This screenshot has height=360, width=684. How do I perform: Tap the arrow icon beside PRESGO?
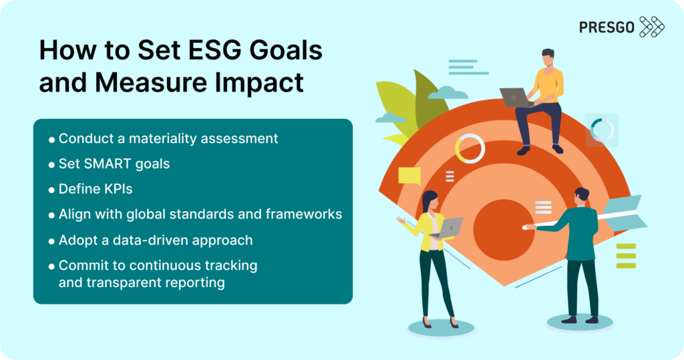pos(652,27)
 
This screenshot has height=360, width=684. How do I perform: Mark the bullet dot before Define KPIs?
pos(52,190)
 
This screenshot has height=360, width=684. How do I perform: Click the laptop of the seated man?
pos(514,98)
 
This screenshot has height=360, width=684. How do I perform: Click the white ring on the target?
pos(470,148)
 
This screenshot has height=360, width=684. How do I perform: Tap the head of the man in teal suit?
pos(582,195)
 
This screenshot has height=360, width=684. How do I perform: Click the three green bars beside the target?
pos(626,256)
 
